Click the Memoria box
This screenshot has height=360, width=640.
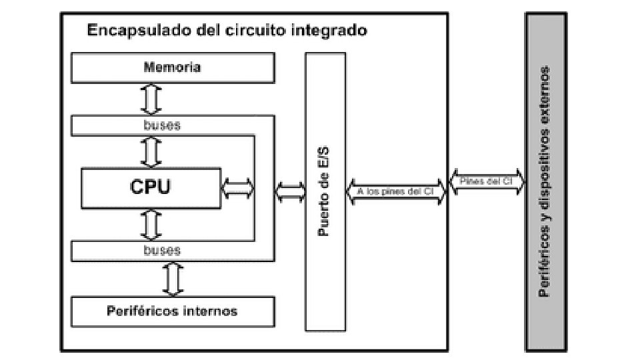point(172,67)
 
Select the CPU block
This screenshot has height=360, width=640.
point(150,187)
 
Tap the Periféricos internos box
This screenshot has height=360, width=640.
point(172,311)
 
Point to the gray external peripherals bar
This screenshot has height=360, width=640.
point(545,181)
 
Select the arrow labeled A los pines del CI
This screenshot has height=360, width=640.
point(395,191)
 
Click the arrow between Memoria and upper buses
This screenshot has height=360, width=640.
point(151,99)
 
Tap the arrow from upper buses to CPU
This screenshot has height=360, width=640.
point(151,151)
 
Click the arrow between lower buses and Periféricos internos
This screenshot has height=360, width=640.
point(173,279)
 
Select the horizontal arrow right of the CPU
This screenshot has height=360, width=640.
point(238,187)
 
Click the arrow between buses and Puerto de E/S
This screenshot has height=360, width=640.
point(289,192)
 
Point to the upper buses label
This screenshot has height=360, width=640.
point(161,125)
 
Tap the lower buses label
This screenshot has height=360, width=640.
point(161,250)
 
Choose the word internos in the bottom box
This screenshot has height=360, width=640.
point(210,311)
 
